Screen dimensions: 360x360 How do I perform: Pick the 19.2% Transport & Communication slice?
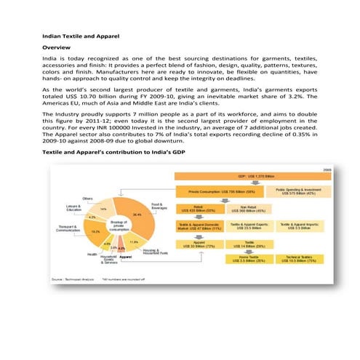[x=95, y=231]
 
